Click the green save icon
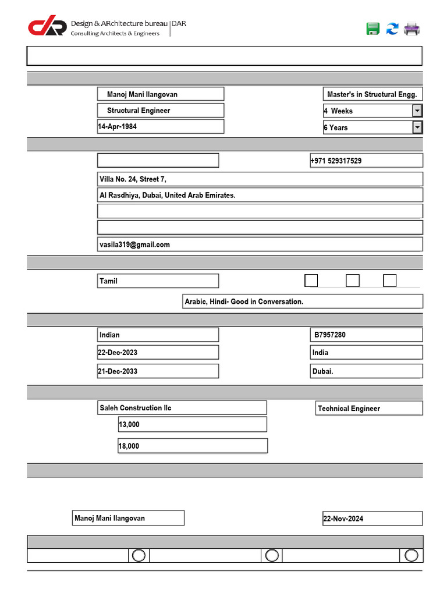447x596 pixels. click(x=373, y=29)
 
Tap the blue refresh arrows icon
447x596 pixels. click(x=392, y=29)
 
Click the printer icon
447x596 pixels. click(x=412, y=29)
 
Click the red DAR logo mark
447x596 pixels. click(x=47, y=26)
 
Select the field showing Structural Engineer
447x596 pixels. click(x=160, y=111)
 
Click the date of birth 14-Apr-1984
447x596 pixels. click(x=160, y=126)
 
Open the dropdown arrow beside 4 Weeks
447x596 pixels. click(x=417, y=111)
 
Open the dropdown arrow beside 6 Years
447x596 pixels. click(x=417, y=127)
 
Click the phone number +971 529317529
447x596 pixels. click(x=366, y=161)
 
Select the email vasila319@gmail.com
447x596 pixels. click(x=260, y=244)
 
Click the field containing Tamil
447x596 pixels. click(x=158, y=281)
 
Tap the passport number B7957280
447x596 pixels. click(x=366, y=335)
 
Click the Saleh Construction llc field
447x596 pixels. click(x=182, y=408)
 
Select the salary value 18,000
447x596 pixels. click(x=192, y=446)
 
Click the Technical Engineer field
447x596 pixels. click(x=369, y=409)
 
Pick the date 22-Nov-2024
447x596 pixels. click(x=372, y=519)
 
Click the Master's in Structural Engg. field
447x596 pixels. click(x=372, y=94)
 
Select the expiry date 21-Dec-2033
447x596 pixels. click(x=158, y=371)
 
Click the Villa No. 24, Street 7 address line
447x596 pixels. click(x=260, y=179)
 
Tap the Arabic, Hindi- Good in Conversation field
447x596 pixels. click(x=303, y=301)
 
